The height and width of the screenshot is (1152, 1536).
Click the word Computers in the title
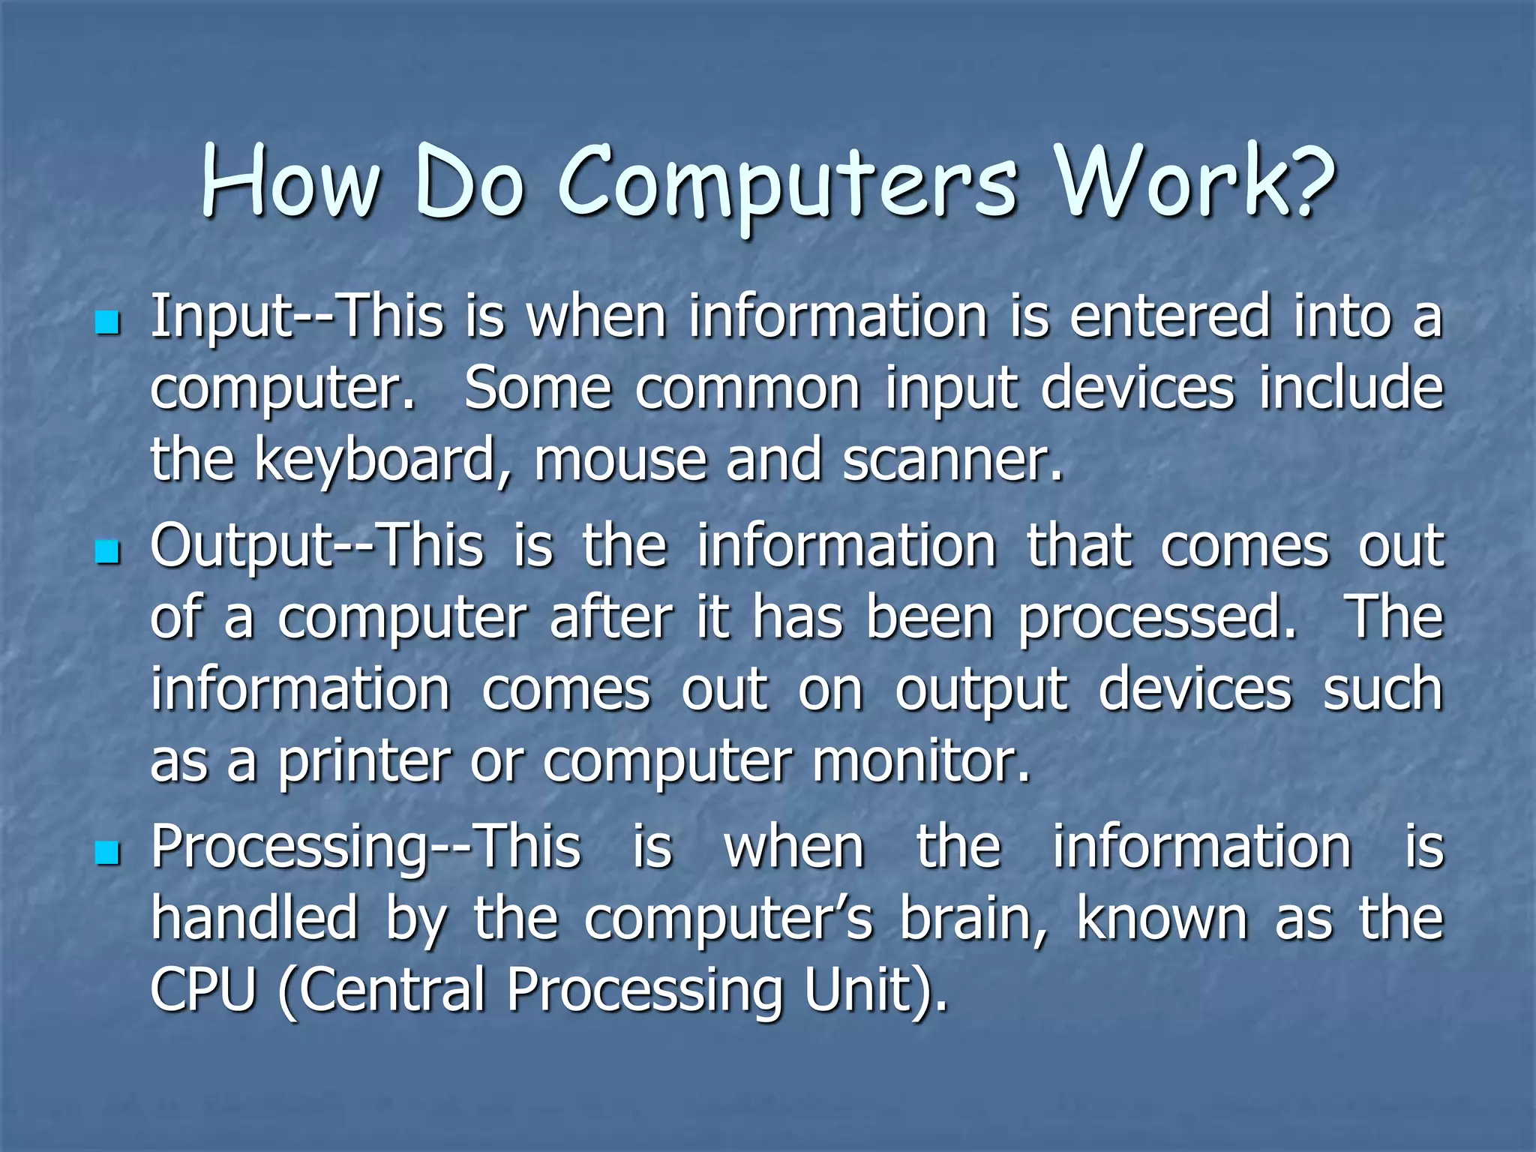coord(787,184)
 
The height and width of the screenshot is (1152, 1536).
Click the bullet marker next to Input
coord(108,324)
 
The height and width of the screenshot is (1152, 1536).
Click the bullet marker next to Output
coord(108,553)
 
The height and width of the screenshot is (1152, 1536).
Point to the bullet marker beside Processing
coord(108,853)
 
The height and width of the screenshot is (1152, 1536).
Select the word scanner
coord(952,460)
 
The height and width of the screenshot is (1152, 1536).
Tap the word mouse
coord(619,460)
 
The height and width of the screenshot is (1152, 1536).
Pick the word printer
coord(364,762)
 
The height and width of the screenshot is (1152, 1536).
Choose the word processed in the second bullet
coord(1156,619)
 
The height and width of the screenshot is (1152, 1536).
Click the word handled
coord(254,919)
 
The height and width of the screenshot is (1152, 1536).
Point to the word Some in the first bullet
coord(538,388)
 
